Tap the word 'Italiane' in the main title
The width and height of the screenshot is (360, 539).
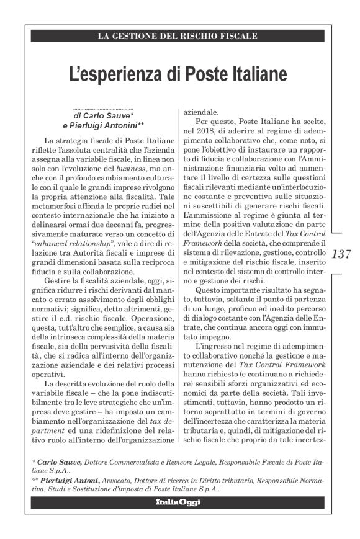(256, 74)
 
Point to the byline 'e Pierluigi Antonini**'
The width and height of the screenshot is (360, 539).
(103, 125)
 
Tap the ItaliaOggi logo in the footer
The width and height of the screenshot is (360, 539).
(178, 501)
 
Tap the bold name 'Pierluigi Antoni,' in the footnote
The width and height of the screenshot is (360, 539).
(70, 480)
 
